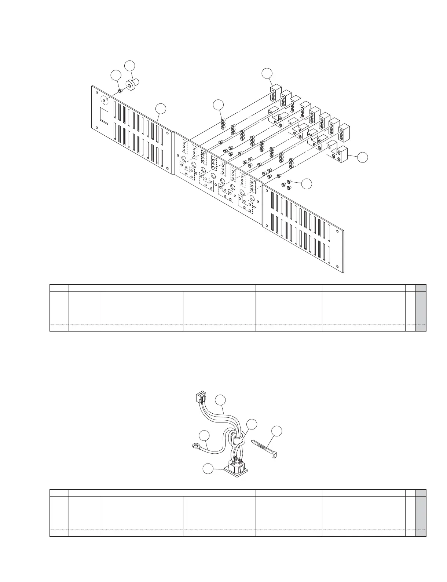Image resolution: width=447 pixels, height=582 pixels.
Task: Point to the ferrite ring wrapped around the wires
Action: (x=237, y=438)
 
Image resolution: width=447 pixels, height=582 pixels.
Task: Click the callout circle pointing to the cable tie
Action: (x=278, y=432)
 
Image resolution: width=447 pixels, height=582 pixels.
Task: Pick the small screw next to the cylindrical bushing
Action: (x=120, y=91)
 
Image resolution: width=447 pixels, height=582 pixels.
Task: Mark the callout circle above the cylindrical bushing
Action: (x=130, y=66)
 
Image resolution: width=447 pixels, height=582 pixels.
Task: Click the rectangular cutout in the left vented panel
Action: (x=105, y=115)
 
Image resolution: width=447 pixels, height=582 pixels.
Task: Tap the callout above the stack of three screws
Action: (x=219, y=105)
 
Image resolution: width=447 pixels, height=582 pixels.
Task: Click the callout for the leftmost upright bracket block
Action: (x=267, y=73)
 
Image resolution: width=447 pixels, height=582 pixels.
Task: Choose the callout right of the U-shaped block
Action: (x=362, y=157)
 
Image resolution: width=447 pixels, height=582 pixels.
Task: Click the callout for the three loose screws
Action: (x=307, y=184)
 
